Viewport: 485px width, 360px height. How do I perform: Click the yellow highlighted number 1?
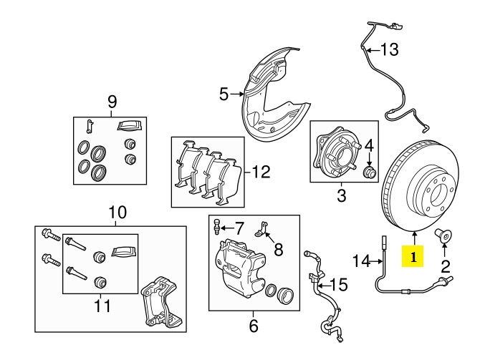(413, 254)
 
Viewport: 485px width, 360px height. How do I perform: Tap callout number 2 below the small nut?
(445, 268)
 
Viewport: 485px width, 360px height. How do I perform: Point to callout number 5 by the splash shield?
(223, 94)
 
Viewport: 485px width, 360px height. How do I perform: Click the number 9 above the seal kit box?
(112, 102)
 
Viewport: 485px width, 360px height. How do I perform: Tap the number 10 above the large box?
(117, 213)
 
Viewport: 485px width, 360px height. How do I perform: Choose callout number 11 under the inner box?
(102, 306)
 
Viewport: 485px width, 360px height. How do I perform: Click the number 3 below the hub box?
(341, 194)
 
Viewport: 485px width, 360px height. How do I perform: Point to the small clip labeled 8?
(264, 229)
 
